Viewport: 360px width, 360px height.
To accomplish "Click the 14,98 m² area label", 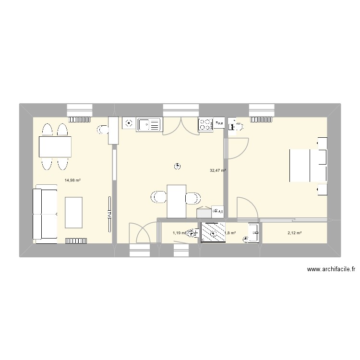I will click(72, 180).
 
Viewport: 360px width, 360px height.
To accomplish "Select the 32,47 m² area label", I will click(217, 170).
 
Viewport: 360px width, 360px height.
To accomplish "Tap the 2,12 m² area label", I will click(294, 233).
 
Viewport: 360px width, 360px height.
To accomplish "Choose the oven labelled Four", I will click(219, 124).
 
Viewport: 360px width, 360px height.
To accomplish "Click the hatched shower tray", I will click(213, 232).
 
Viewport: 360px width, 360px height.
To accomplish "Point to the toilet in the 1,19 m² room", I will click(193, 233).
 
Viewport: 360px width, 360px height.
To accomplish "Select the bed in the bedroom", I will click(307, 166).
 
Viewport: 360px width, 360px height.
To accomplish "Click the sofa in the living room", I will click(43, 214).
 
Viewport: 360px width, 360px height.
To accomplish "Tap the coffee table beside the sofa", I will click(72, 212).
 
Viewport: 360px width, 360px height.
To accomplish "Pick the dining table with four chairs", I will click(55, 146).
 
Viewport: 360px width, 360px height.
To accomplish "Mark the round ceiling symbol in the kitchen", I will click(177, 167).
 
